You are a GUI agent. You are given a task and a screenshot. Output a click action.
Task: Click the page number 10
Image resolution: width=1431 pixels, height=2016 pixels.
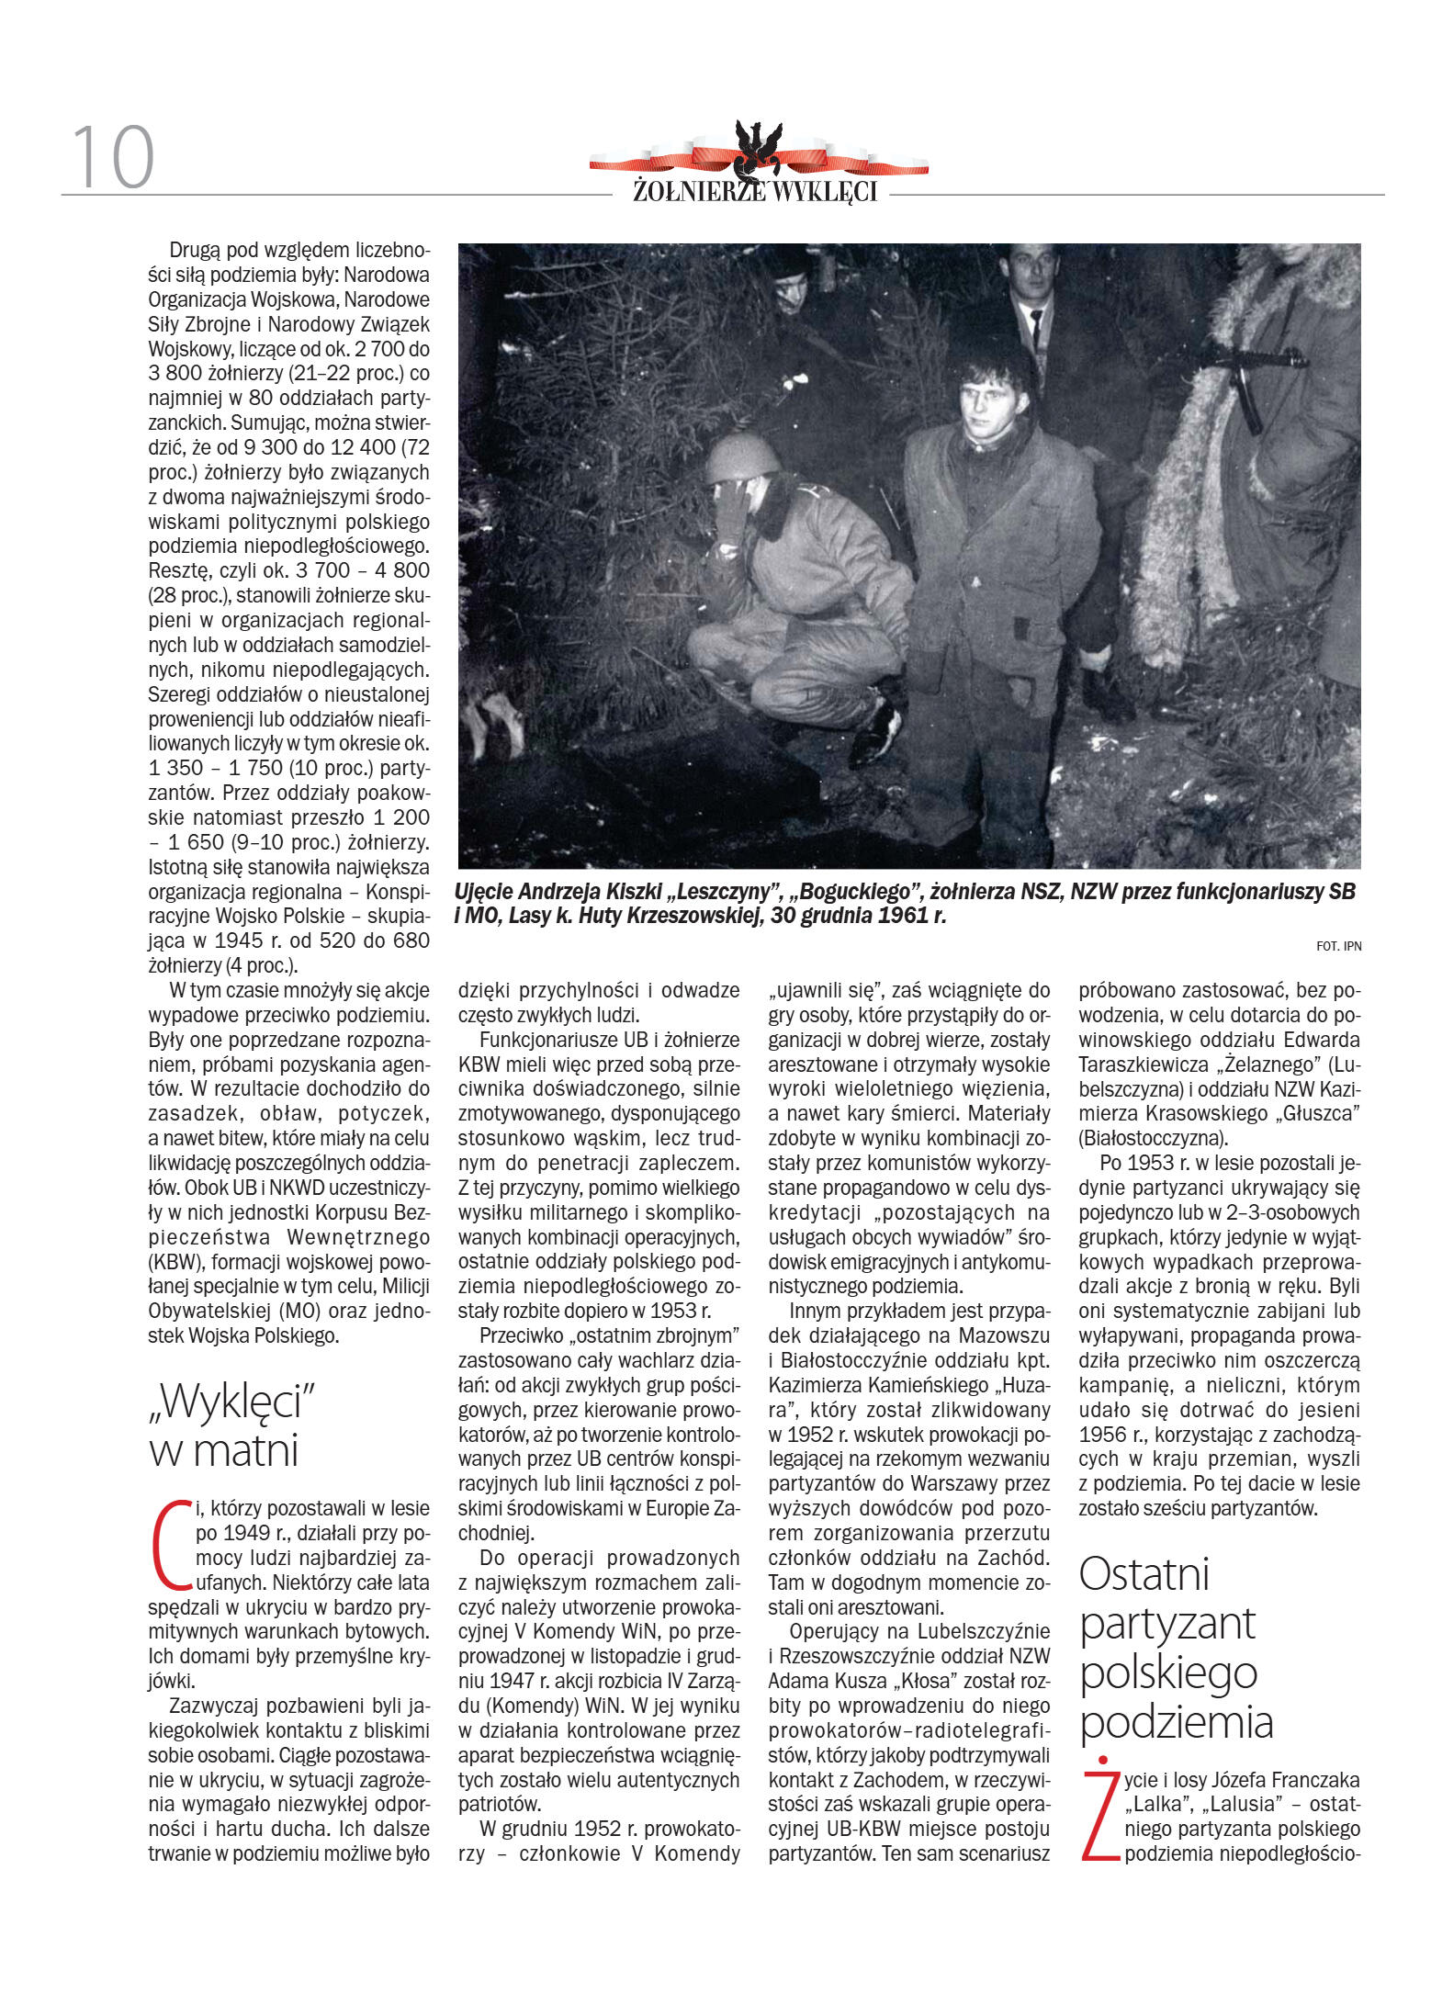pyautogui.click(x=112, y=157)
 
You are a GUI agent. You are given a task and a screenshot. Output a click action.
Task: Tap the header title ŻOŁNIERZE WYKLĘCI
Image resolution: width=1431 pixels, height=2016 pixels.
pyautogui.click(x=755, y=191)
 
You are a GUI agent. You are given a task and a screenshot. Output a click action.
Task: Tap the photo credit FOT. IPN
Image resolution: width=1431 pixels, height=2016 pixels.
pyautogui.click(x=1338, y=946)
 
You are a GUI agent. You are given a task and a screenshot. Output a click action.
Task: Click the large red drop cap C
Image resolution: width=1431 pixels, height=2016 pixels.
pyautogui.click(x=170, y=1545)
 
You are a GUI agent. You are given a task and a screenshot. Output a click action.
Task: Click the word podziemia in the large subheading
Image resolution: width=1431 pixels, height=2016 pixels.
pyautogui.click(x=1176, y=1722)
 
